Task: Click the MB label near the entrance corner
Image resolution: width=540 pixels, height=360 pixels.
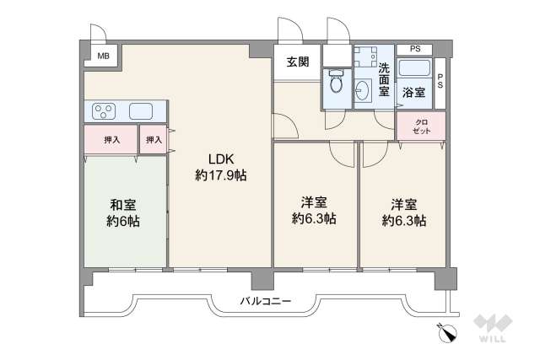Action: tap(103, 56)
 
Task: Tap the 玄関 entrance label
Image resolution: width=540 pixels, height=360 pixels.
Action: tap(296, 61)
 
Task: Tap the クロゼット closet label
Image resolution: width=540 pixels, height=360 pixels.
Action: tap(420, 126)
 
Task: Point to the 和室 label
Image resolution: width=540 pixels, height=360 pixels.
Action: tap(123, 205)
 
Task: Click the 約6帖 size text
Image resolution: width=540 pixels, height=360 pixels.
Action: tap(123, 223)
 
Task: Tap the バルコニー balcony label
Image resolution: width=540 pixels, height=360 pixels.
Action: tap(265, 300)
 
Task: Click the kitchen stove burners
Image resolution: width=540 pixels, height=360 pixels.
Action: tap(105, 110)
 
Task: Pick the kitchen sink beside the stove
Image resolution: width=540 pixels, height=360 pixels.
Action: tap(140, 110)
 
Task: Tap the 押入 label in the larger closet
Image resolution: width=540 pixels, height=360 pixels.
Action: tap(110, 140)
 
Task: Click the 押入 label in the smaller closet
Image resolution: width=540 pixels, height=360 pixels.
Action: tap(153, 140)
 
